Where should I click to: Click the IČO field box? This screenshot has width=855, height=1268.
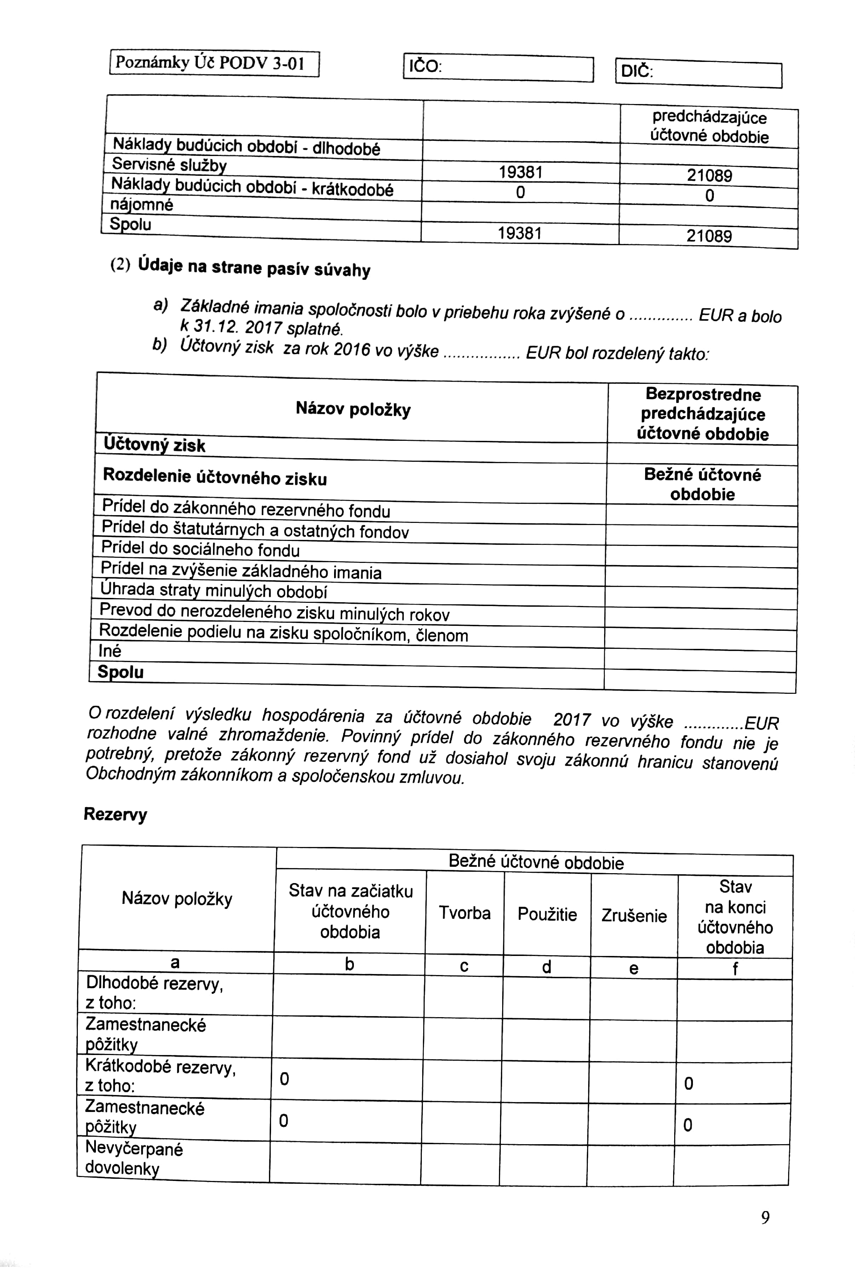pos(498,68)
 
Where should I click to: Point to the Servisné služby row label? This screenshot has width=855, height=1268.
pos(169,165)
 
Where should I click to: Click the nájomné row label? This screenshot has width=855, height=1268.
pos(142,205)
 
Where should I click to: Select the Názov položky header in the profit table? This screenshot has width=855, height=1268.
pos(353,409)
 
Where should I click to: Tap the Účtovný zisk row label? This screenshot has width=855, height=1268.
pos(154,445)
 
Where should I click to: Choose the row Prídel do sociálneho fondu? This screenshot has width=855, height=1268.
pos(201,549)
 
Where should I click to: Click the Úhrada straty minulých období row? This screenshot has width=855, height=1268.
pos(214,590)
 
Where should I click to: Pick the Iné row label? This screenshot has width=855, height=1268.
pos(110,651)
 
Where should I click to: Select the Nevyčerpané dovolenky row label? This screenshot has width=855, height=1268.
pos(134,1158)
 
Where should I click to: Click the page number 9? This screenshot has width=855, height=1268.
pos(765,1217)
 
